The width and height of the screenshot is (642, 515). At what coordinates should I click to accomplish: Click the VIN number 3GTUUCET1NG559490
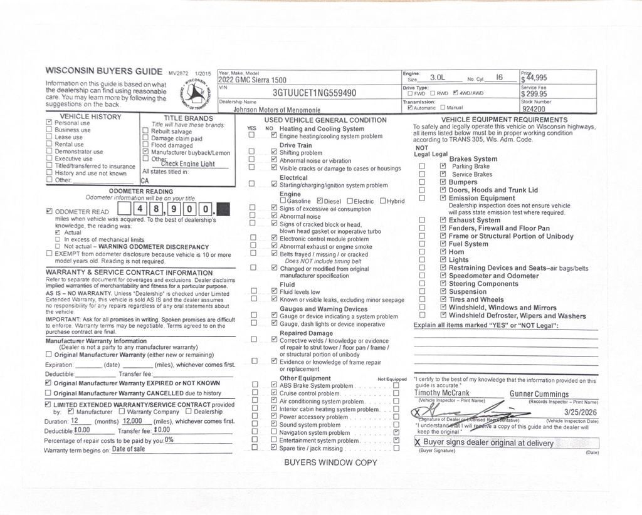click(314, 93)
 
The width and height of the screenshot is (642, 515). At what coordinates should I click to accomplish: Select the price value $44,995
click(534, 78)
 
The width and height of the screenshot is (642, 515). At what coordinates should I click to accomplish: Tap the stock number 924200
click(534, 108)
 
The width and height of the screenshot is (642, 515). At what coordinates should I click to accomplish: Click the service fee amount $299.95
click(534, 94)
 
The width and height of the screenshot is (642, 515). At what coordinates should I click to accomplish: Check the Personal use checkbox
click(49, 123)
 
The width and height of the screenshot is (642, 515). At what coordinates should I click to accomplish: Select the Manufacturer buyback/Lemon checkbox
click(145, 152)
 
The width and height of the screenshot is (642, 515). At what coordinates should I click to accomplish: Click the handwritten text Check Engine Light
click(187, 164)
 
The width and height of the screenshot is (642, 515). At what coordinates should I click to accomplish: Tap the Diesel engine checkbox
click(320, 201)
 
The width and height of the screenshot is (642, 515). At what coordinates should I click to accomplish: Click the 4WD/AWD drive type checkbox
click(456, 93)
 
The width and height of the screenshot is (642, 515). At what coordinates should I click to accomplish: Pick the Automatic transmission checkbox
click(410, 108)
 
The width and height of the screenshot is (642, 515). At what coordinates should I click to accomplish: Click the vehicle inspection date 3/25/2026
click(581, 412)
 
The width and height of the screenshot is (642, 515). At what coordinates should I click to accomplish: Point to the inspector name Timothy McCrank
click(442, 393)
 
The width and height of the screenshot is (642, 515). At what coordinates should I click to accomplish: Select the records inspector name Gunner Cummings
click(539, 394)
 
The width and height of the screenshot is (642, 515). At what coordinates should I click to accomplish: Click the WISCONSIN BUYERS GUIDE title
click(105, 71)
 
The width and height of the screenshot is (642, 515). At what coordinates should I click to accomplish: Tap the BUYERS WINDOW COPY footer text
click(330, 462)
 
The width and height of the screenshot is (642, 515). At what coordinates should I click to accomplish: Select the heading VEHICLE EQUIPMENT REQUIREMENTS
click(504, 120)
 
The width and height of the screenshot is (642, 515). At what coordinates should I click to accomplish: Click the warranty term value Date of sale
click(129, 449)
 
